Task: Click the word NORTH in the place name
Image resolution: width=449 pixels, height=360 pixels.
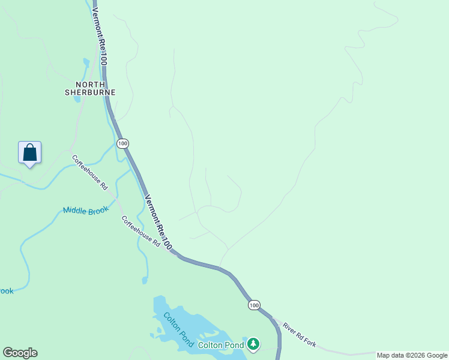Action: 90,85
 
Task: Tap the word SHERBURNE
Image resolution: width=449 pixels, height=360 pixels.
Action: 90,93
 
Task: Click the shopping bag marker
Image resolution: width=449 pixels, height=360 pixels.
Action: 29,153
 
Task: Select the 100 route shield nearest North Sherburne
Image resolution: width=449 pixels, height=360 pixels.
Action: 122,143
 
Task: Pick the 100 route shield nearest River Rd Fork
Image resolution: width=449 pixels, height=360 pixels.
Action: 254,305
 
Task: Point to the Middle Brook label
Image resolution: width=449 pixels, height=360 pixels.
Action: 86,211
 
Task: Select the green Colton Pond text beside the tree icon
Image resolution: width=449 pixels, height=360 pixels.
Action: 221,345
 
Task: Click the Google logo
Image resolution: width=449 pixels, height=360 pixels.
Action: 20,353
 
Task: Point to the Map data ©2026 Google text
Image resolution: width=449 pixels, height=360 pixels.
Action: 411,355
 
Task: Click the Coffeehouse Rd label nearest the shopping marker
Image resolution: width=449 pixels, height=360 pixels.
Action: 89,173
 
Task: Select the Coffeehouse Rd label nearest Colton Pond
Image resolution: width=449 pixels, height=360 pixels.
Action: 141,232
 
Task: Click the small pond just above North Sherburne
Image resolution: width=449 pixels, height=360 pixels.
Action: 86,62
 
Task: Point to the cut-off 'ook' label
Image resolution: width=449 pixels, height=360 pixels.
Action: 6,291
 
